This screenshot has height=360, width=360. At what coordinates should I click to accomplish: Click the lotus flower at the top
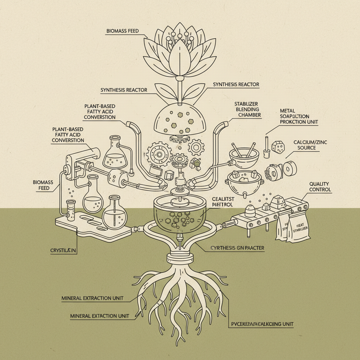point(179,53)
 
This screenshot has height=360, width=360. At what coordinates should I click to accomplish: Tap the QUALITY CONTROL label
point(320,187)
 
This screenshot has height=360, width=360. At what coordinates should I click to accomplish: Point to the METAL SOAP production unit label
point(299,116)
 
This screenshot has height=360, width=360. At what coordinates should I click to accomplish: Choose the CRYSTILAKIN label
point(63,251)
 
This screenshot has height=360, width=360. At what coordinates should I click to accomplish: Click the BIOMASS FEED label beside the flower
point(122,31)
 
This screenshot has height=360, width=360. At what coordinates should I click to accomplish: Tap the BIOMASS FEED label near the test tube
point(43,185)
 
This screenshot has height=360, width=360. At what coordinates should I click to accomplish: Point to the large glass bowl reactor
point(179,214)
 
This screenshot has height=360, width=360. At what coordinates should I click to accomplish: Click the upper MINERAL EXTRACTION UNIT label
point(92,298)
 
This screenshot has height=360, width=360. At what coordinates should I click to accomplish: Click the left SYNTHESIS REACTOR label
point(124,90)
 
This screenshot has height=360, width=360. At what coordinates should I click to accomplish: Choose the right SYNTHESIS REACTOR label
point(236,84)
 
